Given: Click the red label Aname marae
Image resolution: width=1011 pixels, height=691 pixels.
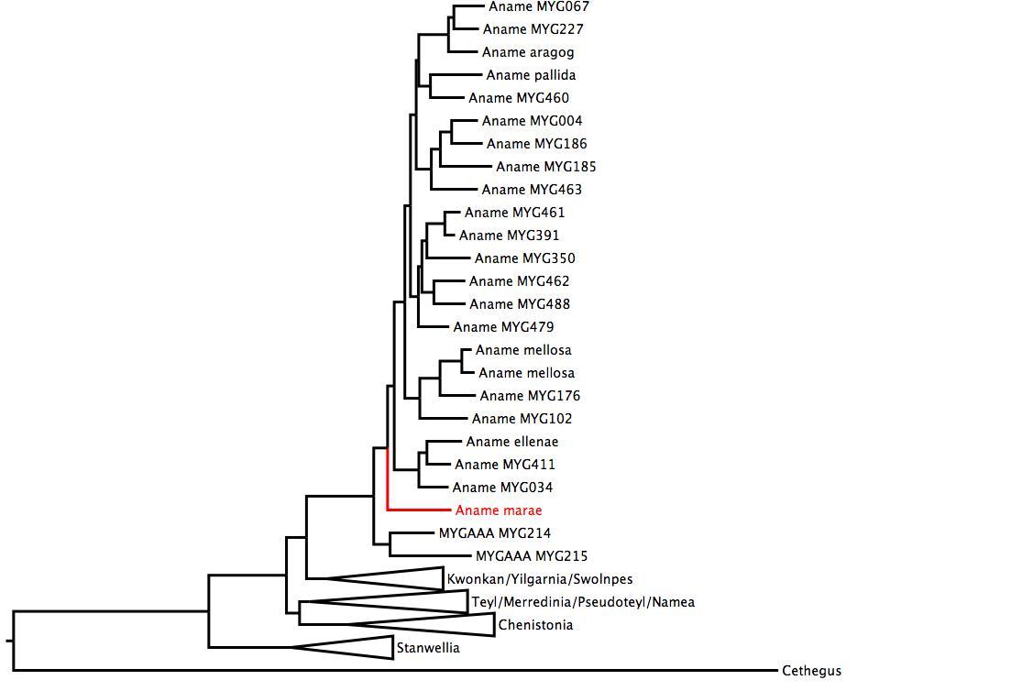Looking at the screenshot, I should [x=498, y=510].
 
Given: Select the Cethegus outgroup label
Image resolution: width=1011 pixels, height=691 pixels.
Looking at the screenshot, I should [x=811, y=671].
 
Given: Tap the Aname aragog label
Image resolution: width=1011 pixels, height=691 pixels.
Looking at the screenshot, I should [x=528, y=52].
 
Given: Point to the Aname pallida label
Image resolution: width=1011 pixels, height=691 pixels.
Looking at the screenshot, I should [x=531, y=75].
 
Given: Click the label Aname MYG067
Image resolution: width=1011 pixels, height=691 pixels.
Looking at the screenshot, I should [x=539, y=6].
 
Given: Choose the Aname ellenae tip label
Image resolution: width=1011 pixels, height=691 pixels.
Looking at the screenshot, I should [x=511, y=442].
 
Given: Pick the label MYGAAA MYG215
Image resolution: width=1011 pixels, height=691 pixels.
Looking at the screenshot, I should [x=532, y=556].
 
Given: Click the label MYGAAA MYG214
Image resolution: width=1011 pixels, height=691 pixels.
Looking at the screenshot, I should [x=495, y=533].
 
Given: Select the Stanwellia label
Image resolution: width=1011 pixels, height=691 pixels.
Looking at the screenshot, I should [x=428, y=648].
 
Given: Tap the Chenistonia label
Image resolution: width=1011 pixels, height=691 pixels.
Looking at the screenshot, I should [x=535, y=625].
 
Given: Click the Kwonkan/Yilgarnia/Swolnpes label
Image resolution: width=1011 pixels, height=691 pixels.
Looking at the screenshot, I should [x=539, y=579].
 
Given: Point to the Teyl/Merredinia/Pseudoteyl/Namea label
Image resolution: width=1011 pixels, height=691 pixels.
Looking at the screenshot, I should [x=583, y=602].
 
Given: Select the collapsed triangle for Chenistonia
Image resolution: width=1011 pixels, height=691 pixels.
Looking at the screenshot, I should [x=431, y=624].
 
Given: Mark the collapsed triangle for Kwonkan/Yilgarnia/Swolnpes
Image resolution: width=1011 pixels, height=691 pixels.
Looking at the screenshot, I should [x=403, y=578].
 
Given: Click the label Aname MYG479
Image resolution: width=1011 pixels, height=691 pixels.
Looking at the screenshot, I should [x=503, y=327].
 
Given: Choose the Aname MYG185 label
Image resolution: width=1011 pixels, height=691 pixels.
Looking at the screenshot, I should [x=546, y=167].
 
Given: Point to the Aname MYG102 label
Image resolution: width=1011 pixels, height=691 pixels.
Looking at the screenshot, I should [x=521, y=419].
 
